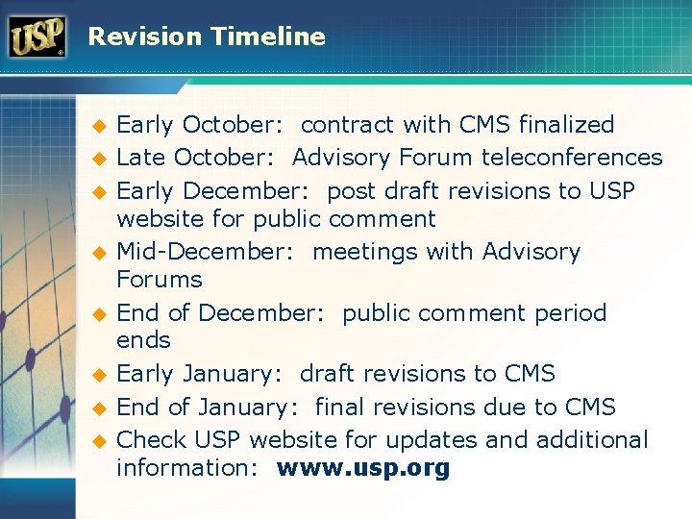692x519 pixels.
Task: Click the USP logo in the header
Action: pos(37,37)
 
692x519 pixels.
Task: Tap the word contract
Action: pos(347,125)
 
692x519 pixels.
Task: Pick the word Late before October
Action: pos(140,157)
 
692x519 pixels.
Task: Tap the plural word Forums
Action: pos(160,280)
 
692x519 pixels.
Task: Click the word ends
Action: pos(143,340)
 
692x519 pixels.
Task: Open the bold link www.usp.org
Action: pos(363,468)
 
